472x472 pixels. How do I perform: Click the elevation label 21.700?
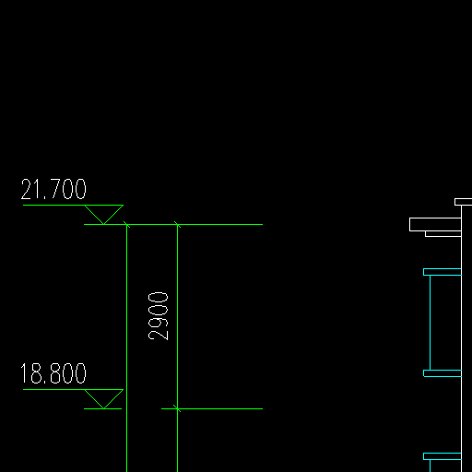coord(53,189)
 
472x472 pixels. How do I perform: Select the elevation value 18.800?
coord(53,373)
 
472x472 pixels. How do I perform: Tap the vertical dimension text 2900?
coord(158,316)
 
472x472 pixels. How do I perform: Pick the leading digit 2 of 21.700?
coord(26,189)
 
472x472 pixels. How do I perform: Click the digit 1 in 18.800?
coord(24,373)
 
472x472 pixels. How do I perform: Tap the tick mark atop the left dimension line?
coord(126,225)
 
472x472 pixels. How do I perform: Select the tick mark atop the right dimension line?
coord(177,225)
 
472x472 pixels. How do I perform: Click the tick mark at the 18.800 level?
coord(177,408)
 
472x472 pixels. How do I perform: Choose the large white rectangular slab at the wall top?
coord(435,224)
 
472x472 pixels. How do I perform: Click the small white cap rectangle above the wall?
coord(464,202)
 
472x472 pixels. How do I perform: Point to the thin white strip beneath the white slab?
coord(443,234)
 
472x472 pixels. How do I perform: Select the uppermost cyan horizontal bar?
coord(442,272)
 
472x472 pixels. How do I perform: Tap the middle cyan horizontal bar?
coord(442,373)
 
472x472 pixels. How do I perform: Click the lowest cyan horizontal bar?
coord(442,456)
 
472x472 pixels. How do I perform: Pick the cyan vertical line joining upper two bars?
coord(430,323)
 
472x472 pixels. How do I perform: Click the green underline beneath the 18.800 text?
coord(73,389)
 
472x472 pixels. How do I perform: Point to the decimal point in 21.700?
coord(45,198)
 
